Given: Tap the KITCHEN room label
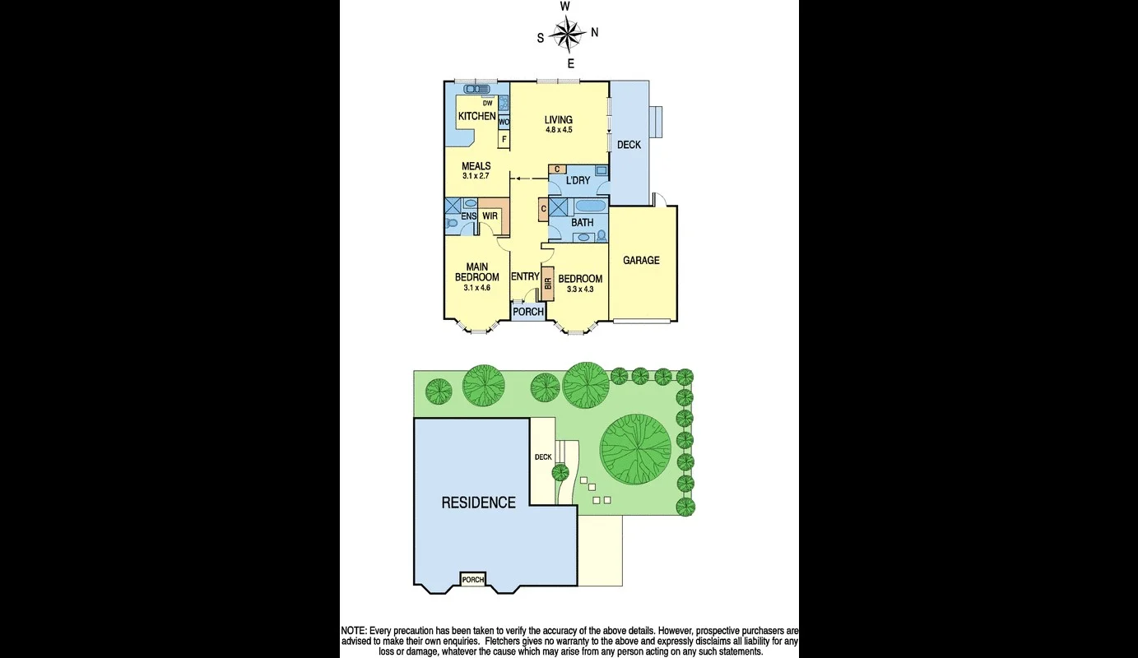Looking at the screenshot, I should click(476, 117).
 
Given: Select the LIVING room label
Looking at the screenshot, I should click(558, 120).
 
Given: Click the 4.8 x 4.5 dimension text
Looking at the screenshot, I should click(558, 130).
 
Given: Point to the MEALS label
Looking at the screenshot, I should click(476, 166).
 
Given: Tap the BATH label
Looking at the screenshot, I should click(582, 223).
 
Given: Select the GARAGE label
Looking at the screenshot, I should click(641, 261).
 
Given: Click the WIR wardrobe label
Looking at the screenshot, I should click(490, 216).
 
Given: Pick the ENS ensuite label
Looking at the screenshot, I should click(468, 216).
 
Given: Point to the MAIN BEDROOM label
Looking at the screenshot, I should click(477, 272).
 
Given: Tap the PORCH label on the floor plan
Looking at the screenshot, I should click(528, 312).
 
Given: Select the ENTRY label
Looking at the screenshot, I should click(525, 276).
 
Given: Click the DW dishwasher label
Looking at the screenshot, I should click(488, 103).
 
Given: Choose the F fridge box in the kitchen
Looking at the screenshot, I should click(504, 139).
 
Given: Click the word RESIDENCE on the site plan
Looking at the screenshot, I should click(478, 503).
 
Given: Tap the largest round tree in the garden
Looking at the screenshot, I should click(635, 449).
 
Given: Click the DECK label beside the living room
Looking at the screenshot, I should click(629, 145).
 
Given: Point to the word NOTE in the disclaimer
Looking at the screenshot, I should click(355, 630).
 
